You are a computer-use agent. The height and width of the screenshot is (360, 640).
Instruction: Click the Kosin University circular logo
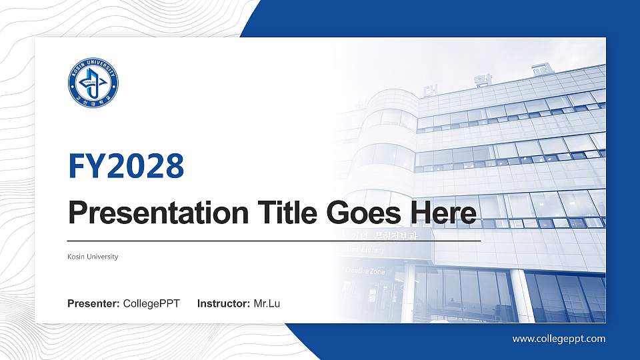pyautogui.click(x=93, y=84)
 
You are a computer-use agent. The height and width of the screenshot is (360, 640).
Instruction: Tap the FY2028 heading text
pyautogui.click(x=126, y=166)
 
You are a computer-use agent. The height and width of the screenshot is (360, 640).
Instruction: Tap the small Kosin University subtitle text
pyautogui.click(x=93, y=257)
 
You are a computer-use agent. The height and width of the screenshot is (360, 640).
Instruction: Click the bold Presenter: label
pyautogui.click(x=93, y=304)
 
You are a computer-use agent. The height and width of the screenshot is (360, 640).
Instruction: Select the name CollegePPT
pyautogui.click(x=151, y=304)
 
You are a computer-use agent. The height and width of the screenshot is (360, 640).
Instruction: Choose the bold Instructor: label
pyautogui.click(x=224, y=304)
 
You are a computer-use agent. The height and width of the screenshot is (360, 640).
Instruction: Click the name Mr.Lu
pyautogui.click(x=267, y=304)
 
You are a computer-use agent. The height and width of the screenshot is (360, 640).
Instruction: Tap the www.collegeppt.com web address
pyautogui.click(x=559, y=339)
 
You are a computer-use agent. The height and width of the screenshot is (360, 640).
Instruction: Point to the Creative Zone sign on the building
pyautogui.click(x=364, y=271)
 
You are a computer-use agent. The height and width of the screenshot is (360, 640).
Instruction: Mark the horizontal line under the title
pyautogui.click(x=274, y=240)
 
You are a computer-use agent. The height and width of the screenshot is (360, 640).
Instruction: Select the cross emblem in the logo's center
pyautogui.click(x=93, y=84)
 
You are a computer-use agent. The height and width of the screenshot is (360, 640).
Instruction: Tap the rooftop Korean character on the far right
pyautogui.click(x=539, y=69)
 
